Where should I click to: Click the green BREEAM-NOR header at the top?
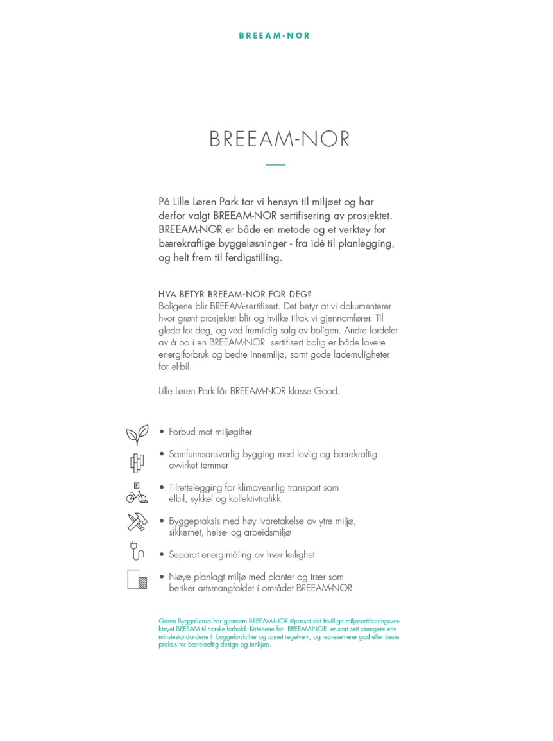[274, 35]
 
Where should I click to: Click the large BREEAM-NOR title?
[280, 139]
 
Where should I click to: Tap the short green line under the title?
[275, 165]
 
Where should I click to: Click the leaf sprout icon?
[137, 434]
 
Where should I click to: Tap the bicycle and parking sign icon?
[137, 493]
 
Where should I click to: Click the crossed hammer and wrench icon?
[137, 523]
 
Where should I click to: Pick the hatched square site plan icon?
[137, 580]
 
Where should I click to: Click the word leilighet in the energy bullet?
[296, 554]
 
